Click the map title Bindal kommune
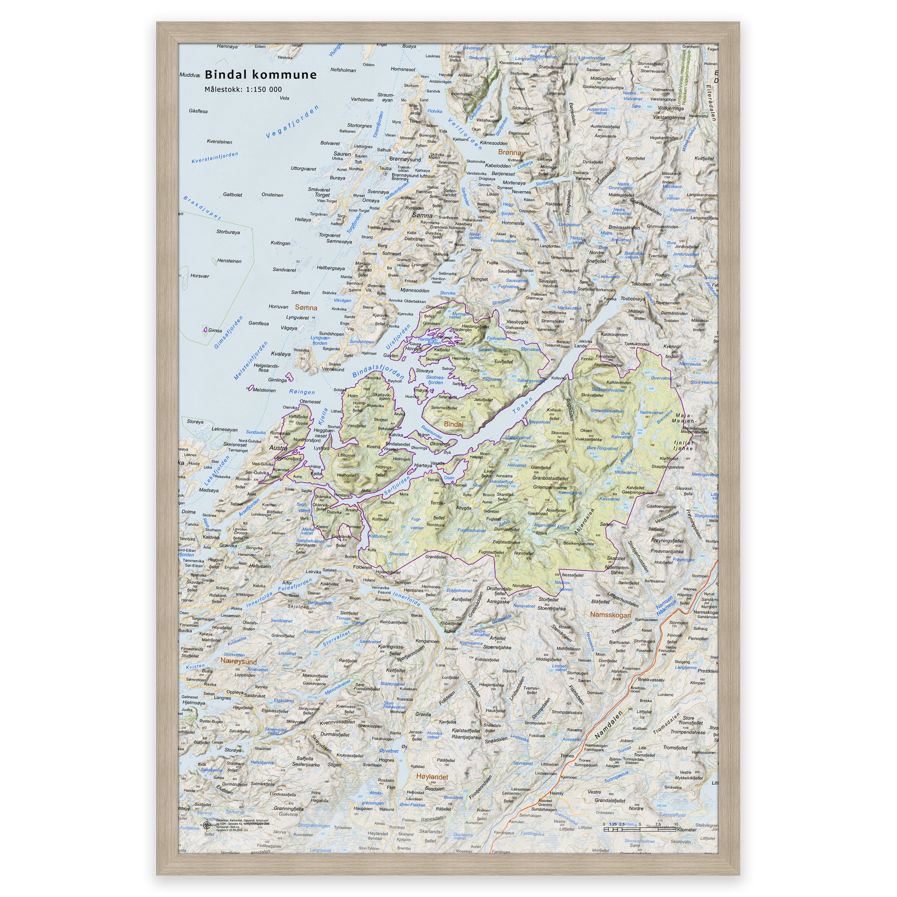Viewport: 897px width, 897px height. click(x=261, y=75)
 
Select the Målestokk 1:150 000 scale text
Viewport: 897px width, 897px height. click(x=243, y=90)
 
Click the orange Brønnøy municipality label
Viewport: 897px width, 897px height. click(x=511, y=152)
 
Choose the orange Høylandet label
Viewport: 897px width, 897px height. click(x=432, y=777)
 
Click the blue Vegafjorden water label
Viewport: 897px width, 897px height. click(x=292, y=122)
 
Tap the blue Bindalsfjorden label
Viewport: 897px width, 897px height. click(x=378, y=371)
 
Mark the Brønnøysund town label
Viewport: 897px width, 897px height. click(x=405, y=159)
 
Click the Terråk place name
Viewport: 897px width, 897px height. click(x=433, y=480)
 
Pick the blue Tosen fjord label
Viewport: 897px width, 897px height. click(x=523, y=405)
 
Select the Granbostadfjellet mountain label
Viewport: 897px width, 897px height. click(x=550, y=478)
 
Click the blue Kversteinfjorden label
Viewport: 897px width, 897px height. click(x=215, y=158)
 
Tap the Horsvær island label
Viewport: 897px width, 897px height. click(x=200, y=276)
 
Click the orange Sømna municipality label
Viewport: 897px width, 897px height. click(x=306, y=307)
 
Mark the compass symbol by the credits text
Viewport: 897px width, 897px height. click(x=207, y=826)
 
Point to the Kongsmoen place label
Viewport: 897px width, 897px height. click(x=427, y=641)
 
